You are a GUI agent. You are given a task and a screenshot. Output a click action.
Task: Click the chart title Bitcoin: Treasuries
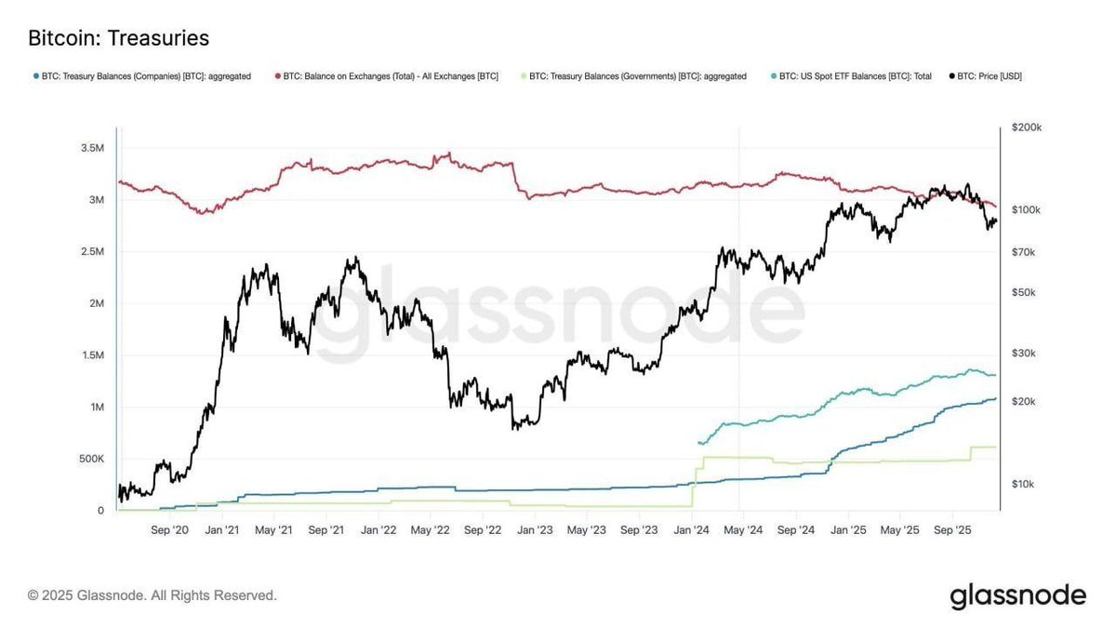tap(118, 38)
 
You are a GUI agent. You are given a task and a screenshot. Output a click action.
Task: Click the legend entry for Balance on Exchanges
tap(387, 76)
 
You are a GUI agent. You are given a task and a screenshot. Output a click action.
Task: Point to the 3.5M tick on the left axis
tap(91, 148)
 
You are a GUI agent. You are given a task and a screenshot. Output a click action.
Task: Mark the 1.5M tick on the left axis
tap(91, 355)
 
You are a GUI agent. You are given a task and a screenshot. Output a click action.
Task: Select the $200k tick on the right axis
tap(1026, 127)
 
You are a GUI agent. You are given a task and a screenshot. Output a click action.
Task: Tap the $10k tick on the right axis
tap(1024, 484)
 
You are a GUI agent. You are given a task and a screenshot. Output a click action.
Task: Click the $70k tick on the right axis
tap(1024, 252)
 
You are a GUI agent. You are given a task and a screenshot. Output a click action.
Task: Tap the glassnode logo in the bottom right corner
tap(1017, 595)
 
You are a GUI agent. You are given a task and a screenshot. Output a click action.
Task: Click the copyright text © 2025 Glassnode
tap(153, 595)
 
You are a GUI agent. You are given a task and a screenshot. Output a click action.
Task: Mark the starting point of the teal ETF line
tap(698, 443)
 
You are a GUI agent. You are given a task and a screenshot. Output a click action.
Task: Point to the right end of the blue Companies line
tap(996, 399)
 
